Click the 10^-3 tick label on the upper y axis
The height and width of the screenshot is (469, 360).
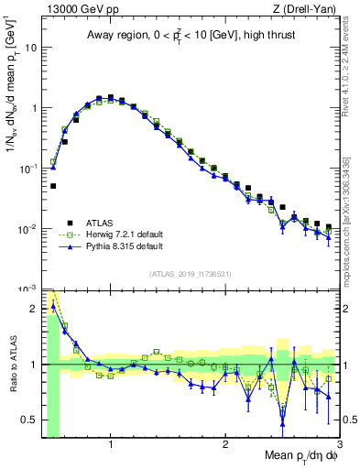(29, 289)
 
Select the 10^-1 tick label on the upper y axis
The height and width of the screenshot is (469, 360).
(29, 169)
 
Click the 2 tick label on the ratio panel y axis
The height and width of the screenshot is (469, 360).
(37, 307)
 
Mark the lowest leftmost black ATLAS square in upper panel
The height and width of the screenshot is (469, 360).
(53, 186)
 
